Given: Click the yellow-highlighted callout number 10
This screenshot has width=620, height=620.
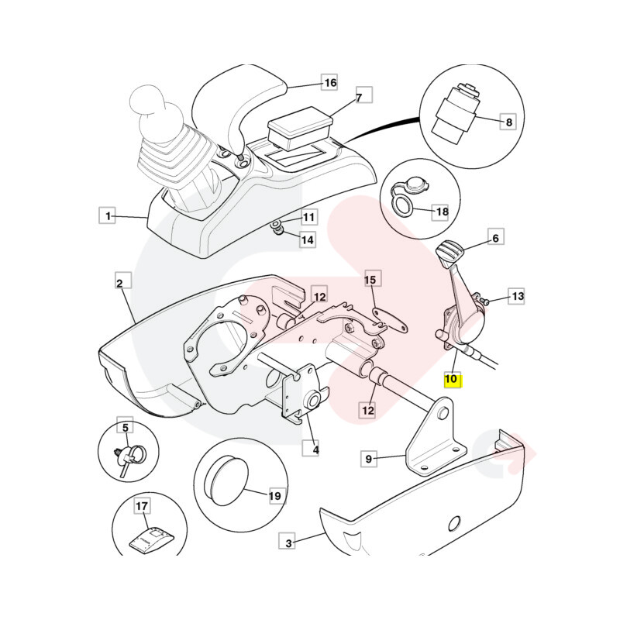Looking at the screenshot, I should pos(451,380).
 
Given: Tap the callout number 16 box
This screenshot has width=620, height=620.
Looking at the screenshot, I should pos(330,82).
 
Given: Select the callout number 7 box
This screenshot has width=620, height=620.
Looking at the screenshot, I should pos(359,98).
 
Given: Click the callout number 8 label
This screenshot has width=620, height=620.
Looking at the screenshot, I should pos(508,122).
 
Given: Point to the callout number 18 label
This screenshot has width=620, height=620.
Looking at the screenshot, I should pos(441,212).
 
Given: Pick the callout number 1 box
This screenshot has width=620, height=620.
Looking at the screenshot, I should pos(109,215).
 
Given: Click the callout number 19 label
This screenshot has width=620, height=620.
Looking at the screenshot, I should pos(275,495).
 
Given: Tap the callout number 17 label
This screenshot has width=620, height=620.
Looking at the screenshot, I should pos(142,507).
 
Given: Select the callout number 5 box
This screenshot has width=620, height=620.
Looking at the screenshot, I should pos(124,426).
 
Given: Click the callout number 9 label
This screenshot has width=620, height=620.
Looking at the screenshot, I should pos(369,459).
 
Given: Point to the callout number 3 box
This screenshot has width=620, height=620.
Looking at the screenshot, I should pos(289,543).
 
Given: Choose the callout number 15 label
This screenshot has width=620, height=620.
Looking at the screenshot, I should pos(370,280).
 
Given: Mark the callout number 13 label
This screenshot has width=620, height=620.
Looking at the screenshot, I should pos(517,296).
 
